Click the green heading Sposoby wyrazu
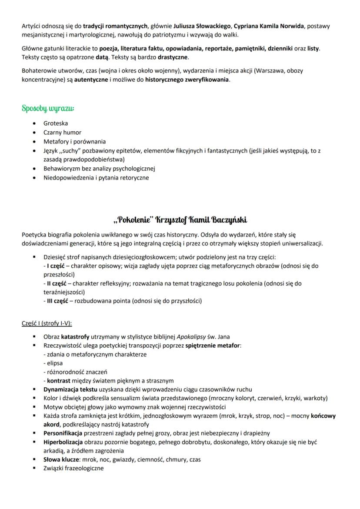coord(48,107)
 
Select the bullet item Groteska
coord(55,123)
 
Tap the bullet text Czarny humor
coord(62,133)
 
